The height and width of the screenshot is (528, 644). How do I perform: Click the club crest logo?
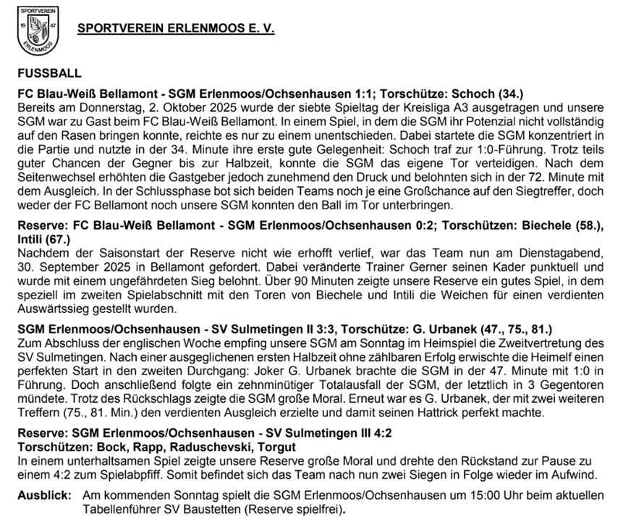click(38, 31)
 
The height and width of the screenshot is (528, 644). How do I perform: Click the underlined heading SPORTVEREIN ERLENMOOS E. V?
click(176, 29)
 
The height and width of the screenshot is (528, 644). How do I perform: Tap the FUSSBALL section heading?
click(50, 73)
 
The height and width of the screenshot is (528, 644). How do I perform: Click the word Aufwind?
click(571, 474)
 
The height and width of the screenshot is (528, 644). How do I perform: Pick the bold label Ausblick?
click(44, 495)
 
